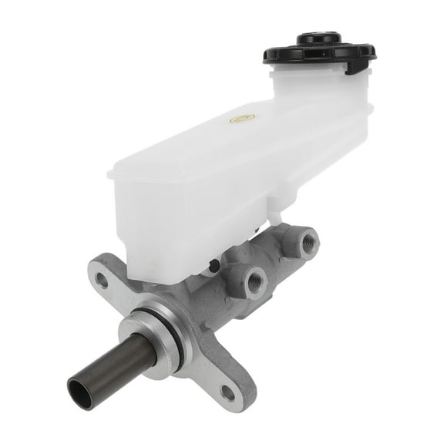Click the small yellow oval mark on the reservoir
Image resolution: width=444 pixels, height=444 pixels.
241,118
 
